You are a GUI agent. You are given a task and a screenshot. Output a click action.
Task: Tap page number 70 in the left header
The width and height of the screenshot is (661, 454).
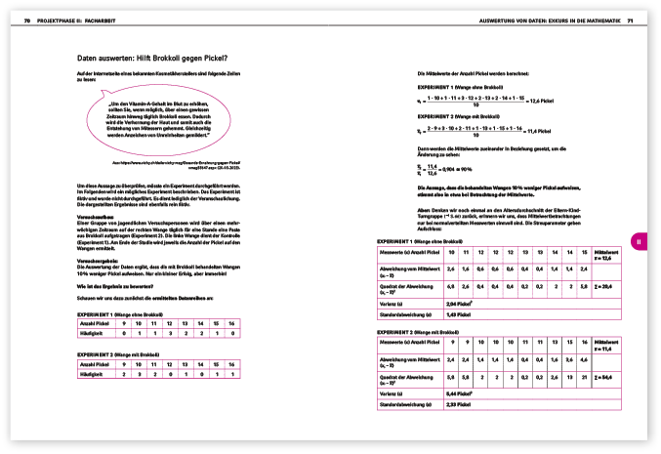point(27,20)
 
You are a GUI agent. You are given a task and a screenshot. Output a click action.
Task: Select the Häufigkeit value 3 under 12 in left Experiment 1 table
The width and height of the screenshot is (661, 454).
point(169,333)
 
